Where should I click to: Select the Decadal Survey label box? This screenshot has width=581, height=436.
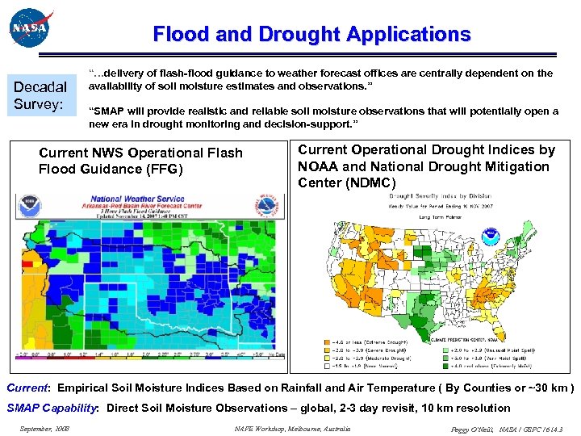[x=40, y=96]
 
